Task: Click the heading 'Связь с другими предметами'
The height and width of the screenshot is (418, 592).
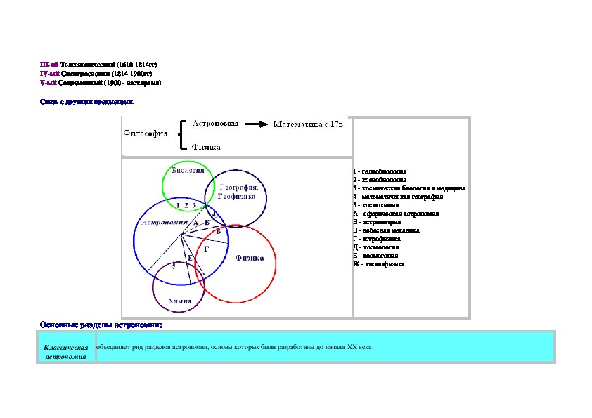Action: pos(86,102)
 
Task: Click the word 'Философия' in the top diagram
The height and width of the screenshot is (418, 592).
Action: pos(146,133)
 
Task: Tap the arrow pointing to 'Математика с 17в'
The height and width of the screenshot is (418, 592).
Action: pos(257,125)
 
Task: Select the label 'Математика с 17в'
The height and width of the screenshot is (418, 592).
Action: pos(308,124)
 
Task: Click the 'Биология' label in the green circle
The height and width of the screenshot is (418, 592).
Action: pos(188,170)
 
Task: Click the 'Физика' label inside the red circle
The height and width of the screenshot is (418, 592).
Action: pos(250,258)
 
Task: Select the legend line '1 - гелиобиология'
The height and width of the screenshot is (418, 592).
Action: pos(380,171)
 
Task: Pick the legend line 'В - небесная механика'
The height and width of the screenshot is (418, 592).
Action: pos(387,230)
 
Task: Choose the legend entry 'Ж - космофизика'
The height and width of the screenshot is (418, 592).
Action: pos(379,264)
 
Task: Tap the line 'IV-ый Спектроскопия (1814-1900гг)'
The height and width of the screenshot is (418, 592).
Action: pos(96,73)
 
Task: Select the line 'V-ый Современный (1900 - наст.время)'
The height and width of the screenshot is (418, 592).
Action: pos(101,83)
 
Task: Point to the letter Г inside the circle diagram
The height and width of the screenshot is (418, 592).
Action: pos(206,249)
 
